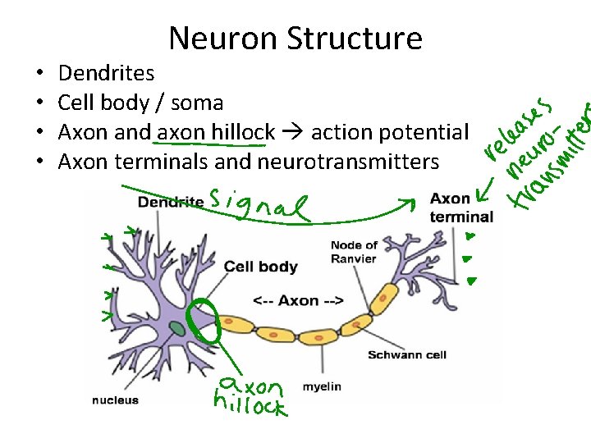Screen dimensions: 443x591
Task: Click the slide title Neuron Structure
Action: click(x=295, y=39)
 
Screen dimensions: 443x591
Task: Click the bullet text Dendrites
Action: click(x=106, y=74)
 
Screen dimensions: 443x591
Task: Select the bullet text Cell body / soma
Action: click(x=140, y=103)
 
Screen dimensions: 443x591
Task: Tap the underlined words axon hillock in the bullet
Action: click(x=216, y=133)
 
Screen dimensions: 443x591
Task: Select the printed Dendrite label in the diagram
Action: click(x=170, y=202)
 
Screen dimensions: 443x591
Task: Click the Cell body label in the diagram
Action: click(x=260, y=267)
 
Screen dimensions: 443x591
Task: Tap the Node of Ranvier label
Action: click(x=354, y=252)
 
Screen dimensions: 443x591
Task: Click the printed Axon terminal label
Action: click(x=461, y=208)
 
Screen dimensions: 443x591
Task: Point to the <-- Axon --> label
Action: click(x=298, y=300)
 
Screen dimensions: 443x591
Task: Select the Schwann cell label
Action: click(x=406, y=355)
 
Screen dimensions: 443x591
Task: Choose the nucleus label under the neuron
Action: click(x=115, y=400)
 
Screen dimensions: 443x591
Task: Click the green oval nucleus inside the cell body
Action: click(x=176, y=329)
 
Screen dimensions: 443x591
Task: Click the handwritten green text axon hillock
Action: click(x=250, y=397)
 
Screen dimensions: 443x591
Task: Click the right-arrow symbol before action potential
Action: click(x=293, y=133)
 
